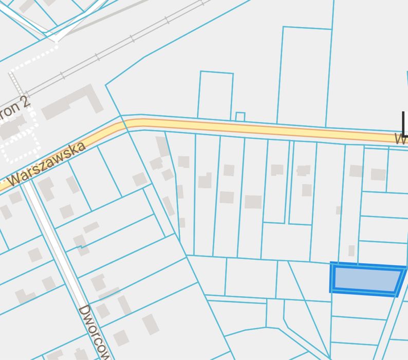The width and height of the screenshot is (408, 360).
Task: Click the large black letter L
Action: (x=404, y=123)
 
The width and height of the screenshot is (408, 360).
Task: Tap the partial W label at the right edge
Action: (x=401, y=138)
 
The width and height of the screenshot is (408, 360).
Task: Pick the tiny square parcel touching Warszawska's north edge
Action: (x=240, y=117)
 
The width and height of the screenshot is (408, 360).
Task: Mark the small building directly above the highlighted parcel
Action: (x=351, y=250)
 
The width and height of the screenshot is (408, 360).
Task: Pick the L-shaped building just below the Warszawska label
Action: (x=46, y=189)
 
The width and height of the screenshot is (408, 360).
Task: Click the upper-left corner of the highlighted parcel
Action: (x=331, y=265)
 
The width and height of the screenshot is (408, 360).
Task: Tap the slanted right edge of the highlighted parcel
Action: (x=401, y=280)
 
